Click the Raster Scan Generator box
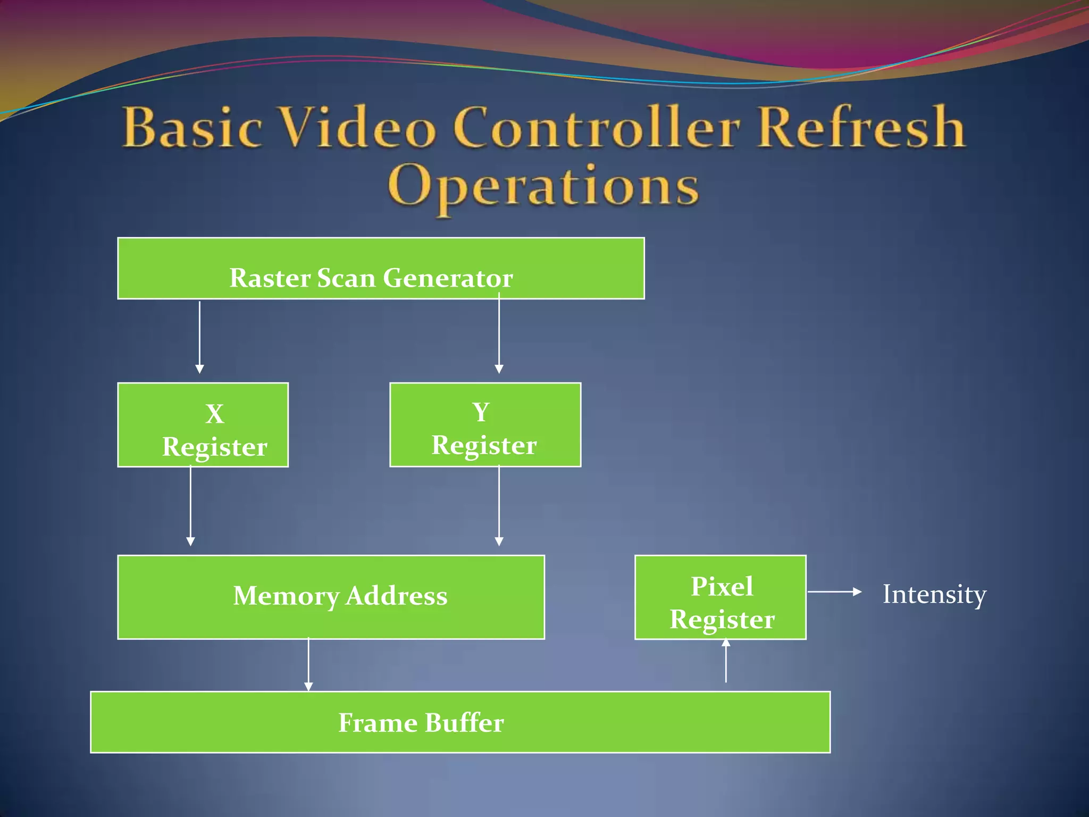(381, 269)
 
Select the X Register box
(203, 424)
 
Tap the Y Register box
(485, 424)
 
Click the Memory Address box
(331, 597)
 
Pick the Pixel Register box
(720, 597)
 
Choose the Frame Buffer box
(460, 722)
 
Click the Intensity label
(934, 594)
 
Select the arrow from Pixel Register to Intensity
(834, 591)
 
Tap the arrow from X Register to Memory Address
(190, 505)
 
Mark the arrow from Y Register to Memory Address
(499, 505)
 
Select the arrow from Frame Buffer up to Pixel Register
(726, 661)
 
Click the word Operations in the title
(543, 186)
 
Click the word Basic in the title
(192, 128)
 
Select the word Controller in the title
(596, 128)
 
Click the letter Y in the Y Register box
(481, 412)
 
